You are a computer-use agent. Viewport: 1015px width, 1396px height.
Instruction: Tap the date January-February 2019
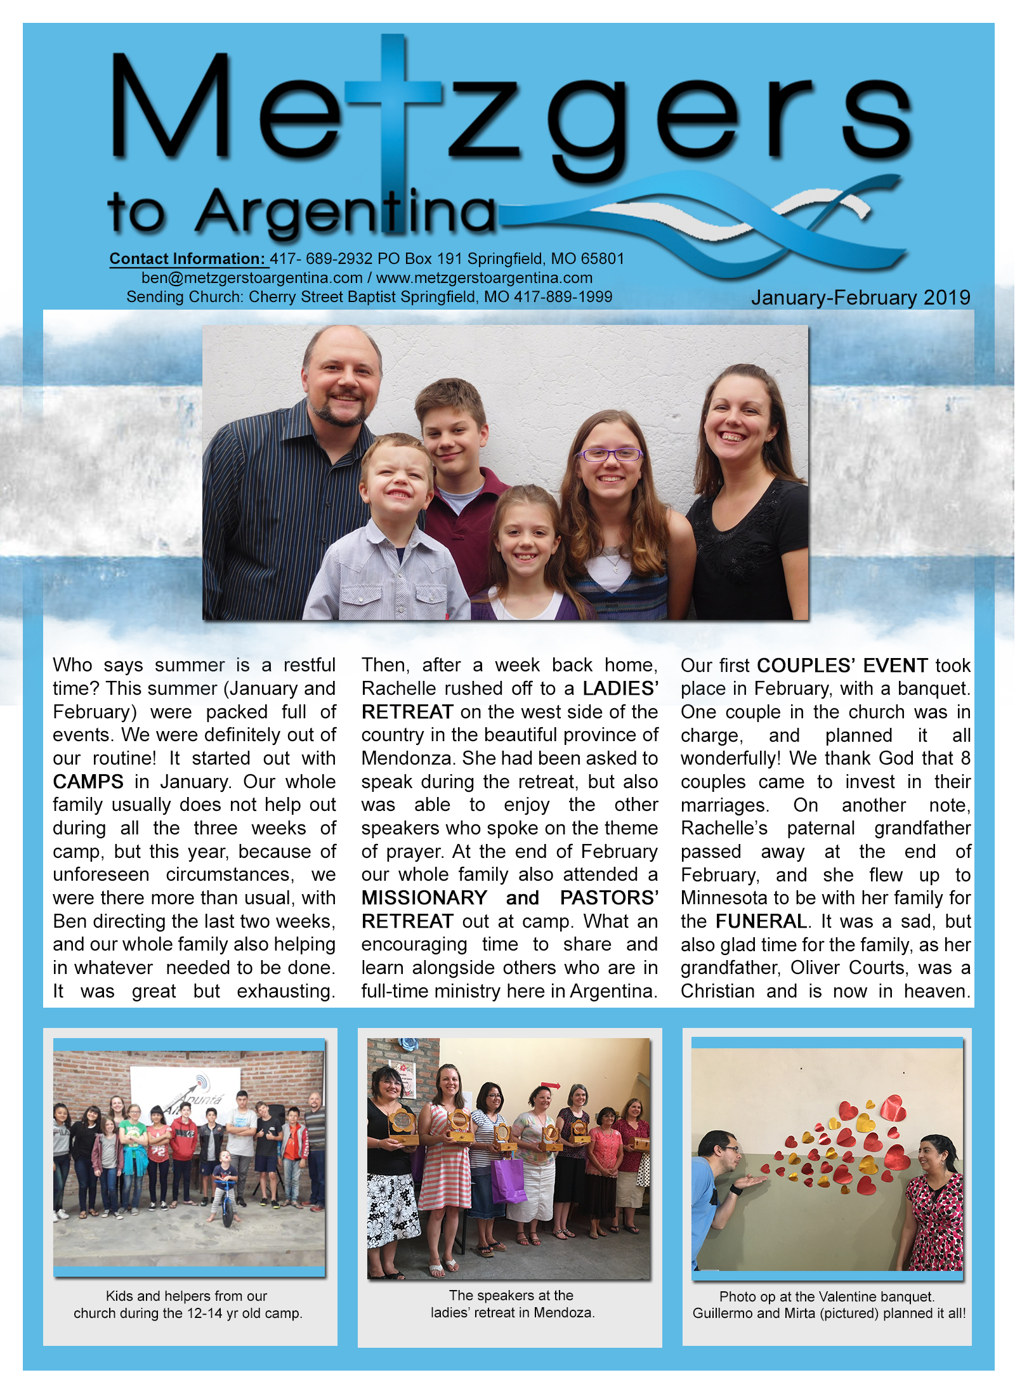click(x=860, y=298)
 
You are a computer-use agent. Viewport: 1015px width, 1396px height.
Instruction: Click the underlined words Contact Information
click(x=187, y=259)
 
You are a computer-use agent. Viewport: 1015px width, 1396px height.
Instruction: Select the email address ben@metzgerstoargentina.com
click(x=252, y=278)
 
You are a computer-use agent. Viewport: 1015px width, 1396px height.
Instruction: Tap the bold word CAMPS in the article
click(x=88, y=782)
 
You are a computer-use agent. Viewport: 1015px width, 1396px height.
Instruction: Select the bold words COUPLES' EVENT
click(x=842, y=666)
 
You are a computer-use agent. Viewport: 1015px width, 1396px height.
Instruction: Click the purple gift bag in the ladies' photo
click(x=508, y=1179)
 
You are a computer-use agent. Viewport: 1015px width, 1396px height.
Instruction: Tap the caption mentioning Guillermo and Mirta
click(x=828, y=1313)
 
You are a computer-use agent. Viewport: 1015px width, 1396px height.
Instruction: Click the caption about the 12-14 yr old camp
click(x=188, y=1313)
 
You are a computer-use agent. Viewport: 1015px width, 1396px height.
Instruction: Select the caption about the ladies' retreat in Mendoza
click(x=513, y=1312)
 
